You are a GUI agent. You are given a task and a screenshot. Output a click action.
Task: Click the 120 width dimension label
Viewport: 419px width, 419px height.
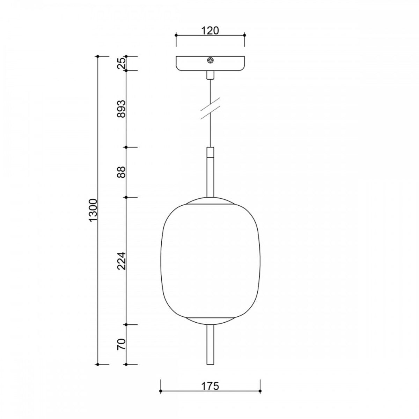pos(210,30)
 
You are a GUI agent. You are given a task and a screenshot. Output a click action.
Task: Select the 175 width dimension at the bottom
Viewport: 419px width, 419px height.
pos(210,386)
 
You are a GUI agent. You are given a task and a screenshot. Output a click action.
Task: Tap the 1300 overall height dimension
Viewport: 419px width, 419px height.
pos(93,211)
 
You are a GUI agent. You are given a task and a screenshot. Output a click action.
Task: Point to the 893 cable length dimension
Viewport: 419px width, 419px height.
pos(121,109)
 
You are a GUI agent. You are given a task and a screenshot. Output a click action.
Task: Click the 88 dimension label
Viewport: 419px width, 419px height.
pos(121,172)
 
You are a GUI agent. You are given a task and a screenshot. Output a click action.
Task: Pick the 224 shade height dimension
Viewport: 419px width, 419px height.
pos(121,260)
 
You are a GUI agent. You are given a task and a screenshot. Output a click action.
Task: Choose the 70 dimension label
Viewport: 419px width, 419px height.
pos(121,344)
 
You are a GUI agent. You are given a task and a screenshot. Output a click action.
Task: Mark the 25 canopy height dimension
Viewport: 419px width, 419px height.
pos(121,64)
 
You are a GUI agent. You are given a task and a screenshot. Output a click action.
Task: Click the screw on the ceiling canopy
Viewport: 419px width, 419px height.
pos(210,60)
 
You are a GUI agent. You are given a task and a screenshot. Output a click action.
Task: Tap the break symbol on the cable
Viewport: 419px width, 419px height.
pos(210,109)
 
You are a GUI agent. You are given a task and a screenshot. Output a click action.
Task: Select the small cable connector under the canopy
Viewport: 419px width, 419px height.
pos(210,75)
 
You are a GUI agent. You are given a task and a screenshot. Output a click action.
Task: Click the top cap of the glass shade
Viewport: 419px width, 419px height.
pos(210,201)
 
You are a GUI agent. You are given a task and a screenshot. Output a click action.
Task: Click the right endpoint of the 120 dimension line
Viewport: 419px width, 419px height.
pos(244,35)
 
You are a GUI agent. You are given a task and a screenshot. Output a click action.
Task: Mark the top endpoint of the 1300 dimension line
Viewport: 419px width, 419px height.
pos(98,56)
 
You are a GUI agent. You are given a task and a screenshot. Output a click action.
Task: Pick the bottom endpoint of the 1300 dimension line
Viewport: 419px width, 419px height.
pos(98,365)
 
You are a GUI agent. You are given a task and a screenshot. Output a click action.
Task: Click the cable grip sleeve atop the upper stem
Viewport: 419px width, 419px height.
pos(210,153)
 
